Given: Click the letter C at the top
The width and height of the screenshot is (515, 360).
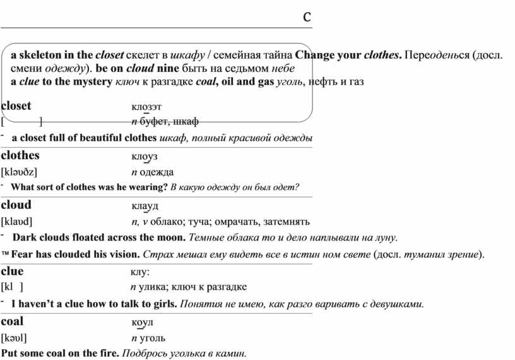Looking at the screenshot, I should (x=307, y=16).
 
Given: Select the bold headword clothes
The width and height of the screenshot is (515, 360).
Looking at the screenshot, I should (x=20, y=155).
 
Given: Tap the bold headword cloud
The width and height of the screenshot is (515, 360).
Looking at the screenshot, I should (x=16, y=205).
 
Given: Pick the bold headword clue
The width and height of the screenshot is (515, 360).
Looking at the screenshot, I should (x=13, y=271).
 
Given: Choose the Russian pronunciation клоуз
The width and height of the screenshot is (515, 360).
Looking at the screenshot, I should (x=145, y=155).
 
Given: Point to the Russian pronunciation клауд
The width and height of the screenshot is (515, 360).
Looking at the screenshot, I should (x=145, y=206).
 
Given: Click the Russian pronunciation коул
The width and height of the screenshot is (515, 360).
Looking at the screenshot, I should (x=139, y=321).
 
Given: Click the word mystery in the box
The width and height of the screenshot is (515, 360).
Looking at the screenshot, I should (x=92, y=82).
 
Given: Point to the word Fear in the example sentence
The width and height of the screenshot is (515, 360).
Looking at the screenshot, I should (x=23, y=255).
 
